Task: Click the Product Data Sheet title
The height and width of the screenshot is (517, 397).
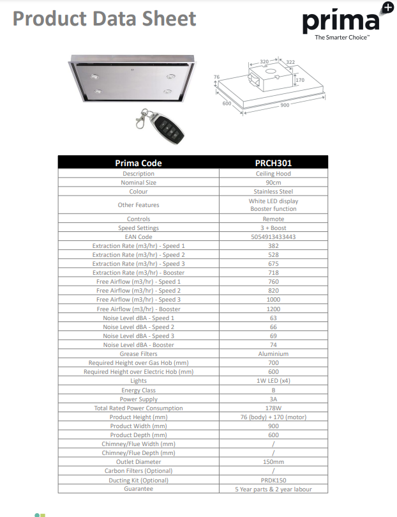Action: pos(105,18)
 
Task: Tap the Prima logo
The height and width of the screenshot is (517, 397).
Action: pos(341,21)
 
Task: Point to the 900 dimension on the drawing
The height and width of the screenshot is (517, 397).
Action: pos(285,105)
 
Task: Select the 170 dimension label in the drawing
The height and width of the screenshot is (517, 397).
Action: pos(300,80)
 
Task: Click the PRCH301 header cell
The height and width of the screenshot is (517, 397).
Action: pos(273,163)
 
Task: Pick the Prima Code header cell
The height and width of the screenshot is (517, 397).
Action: pos(139,163)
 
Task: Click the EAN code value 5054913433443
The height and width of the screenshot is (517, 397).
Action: pos(273,236)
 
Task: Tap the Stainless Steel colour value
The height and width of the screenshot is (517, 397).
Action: pos(273,191)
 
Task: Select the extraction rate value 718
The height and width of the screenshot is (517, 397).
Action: pos(273,273)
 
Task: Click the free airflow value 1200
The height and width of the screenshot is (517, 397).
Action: pos(273,309)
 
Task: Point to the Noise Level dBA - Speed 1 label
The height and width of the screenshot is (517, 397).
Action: pos(139,318)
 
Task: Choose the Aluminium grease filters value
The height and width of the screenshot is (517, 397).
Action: pos(273,353)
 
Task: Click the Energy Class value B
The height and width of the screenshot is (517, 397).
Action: pos(273,390)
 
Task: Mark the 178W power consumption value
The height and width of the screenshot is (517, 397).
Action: pos(273,408)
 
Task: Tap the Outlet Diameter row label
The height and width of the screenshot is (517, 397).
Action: pos(139,461)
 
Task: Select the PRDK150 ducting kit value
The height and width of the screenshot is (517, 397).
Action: pos(273,480)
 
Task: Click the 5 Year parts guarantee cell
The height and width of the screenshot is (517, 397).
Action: pos(273,489)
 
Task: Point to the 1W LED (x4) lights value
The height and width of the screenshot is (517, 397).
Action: pos(273,380)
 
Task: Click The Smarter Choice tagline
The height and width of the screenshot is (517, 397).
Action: pos(342,38)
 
